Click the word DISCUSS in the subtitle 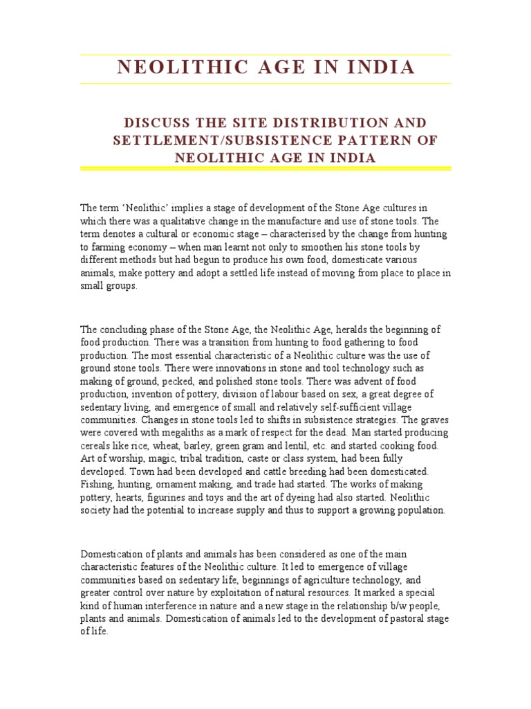pos(154,123)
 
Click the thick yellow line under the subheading pos(265,168)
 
